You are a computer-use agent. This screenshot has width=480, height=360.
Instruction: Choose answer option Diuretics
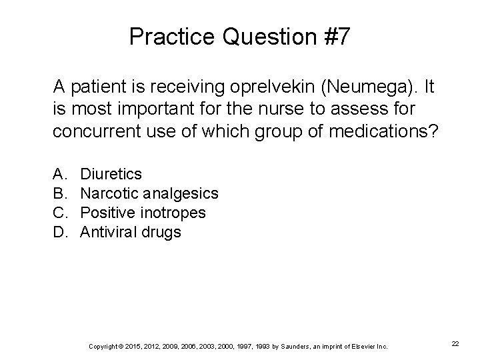(x=111, y=174)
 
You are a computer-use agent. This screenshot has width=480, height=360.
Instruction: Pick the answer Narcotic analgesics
(x=149, y=193)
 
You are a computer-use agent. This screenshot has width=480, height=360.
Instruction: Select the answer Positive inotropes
(x=143, y=213)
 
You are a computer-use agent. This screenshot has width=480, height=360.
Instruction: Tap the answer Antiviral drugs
(x=130, y=232)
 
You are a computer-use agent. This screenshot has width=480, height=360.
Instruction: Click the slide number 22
(x=455, y=343)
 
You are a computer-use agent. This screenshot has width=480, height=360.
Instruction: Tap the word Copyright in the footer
(x=103, y=346)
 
